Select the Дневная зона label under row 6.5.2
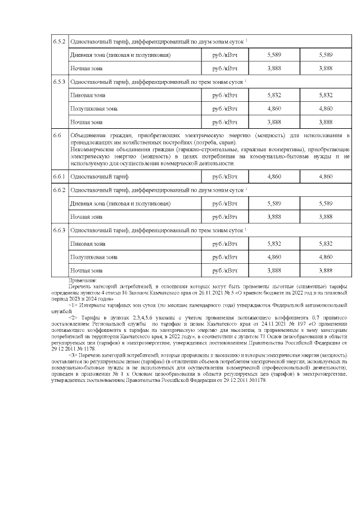tap(120, 55)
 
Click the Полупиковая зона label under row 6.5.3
tap(93, 109)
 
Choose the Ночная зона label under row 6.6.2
tap(86, 217)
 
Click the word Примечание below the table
tap(83, 280)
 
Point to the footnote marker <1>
tap(73, 304)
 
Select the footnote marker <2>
tap(73, 317)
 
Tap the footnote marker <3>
tap(73, 355)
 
